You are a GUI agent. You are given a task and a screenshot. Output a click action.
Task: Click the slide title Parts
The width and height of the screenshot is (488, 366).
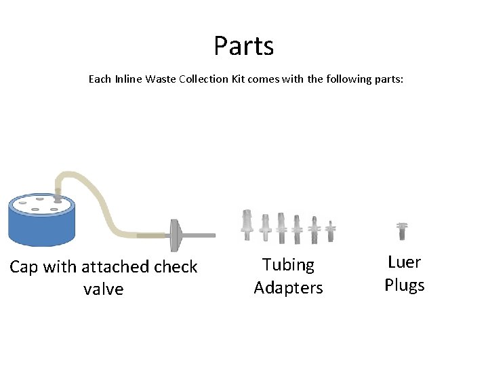point(243,46)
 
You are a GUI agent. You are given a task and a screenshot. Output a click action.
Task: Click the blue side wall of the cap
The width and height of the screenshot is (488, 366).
point(41,227)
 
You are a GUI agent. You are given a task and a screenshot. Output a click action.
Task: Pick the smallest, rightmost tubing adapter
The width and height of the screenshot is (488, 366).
point(330,230)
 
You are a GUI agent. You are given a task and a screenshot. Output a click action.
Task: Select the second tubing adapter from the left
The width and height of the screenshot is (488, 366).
point(265,226)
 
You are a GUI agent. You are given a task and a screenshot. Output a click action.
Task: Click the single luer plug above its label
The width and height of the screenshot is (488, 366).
point(403,230)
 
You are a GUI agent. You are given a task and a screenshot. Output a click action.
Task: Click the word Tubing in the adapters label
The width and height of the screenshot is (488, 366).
point(288,265)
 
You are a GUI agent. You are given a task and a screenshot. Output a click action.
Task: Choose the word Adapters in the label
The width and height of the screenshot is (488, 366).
point(288,288)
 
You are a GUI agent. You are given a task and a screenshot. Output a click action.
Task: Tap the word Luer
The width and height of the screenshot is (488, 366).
point(404,262)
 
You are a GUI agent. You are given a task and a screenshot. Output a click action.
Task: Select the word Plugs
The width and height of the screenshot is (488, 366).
point(404,285)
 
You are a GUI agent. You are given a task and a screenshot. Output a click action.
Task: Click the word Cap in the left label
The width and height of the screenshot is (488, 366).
point(24,267)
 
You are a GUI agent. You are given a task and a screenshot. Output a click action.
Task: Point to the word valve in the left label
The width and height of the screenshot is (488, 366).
point(103,289)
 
